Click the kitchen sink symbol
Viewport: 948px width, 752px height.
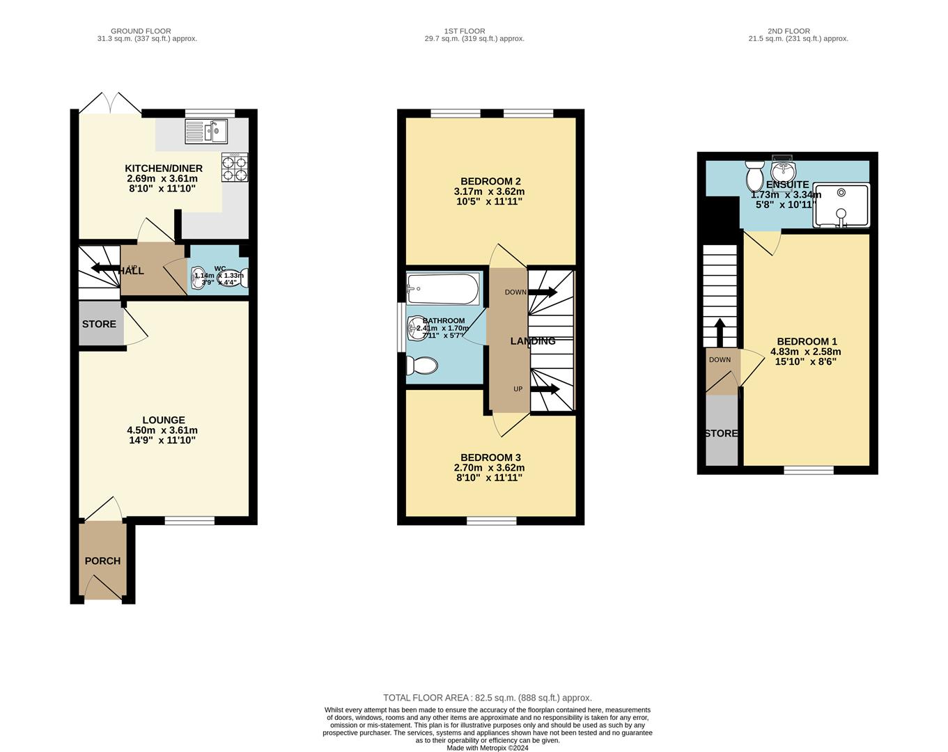tap(206, 130)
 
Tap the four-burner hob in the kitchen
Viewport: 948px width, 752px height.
tap(235, 168)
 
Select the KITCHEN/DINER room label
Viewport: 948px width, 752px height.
tap(164, 169)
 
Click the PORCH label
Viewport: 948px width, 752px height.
tap(102, 561)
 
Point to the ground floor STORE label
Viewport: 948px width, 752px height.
tap(99, 324)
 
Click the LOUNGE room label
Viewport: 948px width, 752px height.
tap(164, 421)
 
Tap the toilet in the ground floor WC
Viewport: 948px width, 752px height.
tap(233, 278)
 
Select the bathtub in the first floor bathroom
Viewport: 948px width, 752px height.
tap(443, 288)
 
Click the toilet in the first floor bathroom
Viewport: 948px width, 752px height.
tap(422, 366)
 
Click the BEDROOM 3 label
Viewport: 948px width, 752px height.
tap(490, 457)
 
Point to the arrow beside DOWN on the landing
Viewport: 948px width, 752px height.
tap(543, 292)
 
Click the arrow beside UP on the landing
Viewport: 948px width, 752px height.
tap(545, 389)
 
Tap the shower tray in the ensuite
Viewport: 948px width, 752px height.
tap(841, 206)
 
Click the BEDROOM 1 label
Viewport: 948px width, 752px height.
tap(807, 342)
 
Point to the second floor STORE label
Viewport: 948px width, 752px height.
tap(721, 434)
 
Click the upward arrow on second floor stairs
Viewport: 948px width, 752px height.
tap(720, 331)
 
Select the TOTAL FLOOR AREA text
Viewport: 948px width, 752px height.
tap(487, 698)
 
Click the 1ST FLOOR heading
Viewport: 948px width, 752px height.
tap(464, 31)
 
